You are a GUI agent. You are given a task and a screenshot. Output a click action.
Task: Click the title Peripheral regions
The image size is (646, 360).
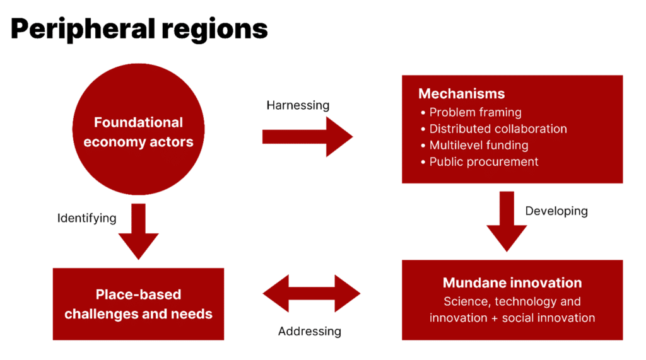coord(139,30)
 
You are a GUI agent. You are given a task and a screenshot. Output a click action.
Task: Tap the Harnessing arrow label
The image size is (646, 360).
coord(298,105)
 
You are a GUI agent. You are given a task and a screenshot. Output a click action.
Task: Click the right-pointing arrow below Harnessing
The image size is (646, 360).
coord(307,136)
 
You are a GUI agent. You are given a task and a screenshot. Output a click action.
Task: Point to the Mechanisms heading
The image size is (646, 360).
coord(461,94)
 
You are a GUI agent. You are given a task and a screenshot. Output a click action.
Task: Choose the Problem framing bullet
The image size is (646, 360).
coord(475,112)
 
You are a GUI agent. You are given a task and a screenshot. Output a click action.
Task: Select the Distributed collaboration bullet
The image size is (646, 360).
coord(498,129)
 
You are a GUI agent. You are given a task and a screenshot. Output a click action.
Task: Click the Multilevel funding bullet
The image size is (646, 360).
coord(478,145)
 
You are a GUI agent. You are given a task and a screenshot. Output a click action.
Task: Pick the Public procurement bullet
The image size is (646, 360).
coord(483,161)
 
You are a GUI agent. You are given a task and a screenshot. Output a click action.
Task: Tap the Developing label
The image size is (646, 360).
coord(556,211)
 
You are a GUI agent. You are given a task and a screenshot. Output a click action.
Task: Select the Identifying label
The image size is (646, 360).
coord(87,219)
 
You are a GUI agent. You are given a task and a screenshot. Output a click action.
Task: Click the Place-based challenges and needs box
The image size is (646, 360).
coord(138,304)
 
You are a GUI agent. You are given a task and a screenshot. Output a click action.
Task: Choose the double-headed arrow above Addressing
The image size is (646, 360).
coord(311,294)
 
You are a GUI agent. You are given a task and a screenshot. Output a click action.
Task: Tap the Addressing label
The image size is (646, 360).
coord(310,331)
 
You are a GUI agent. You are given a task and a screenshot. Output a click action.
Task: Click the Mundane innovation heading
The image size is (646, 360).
coord(512,282)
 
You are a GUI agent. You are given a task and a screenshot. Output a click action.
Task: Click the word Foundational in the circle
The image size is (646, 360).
coord(138,122)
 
